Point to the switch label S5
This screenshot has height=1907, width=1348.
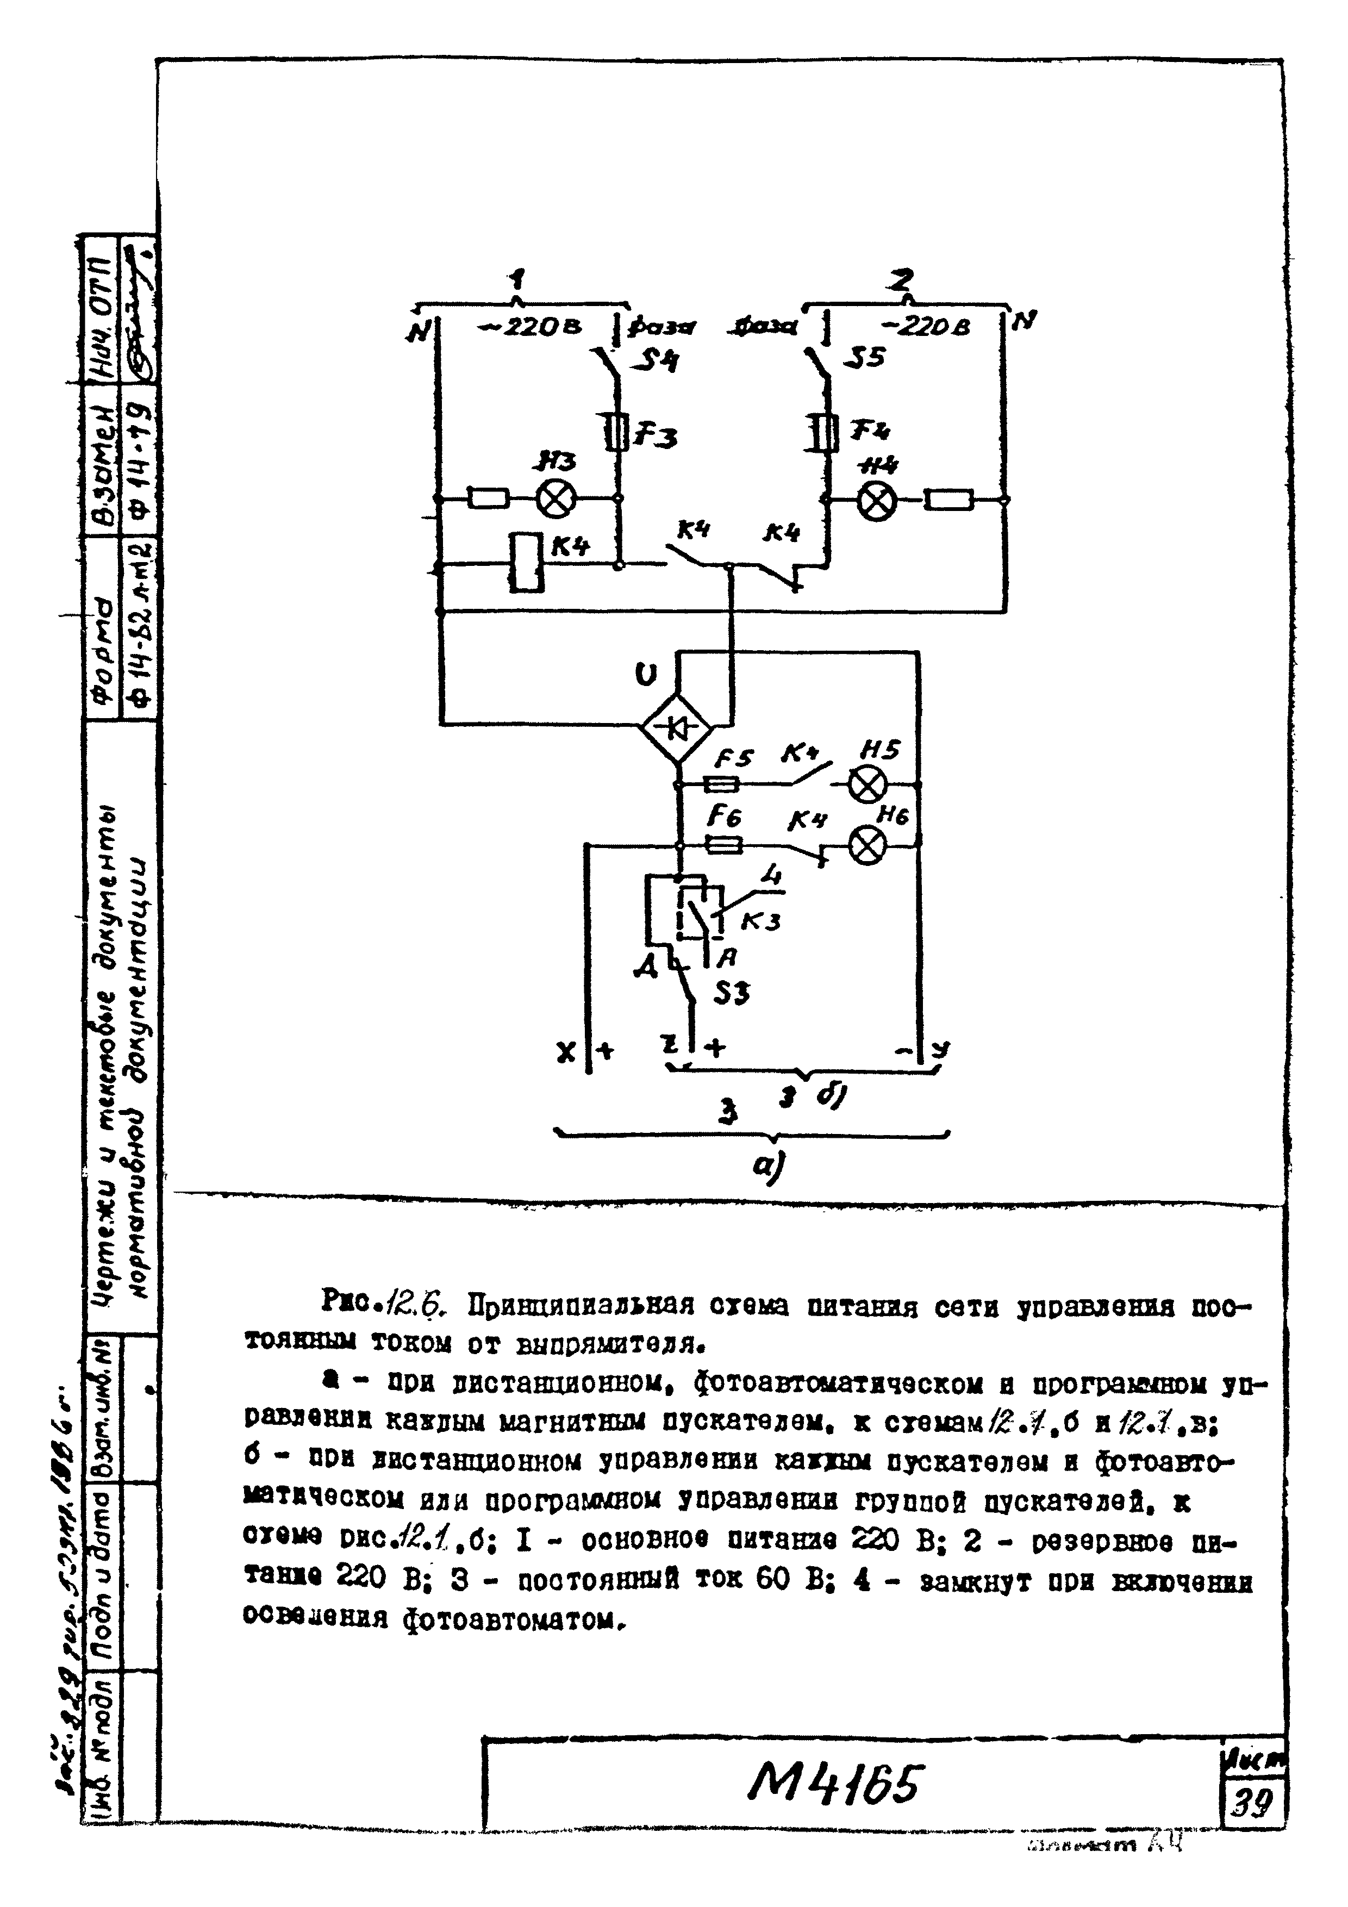tap(865, 357)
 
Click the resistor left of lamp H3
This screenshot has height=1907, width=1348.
tap(488, 498)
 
